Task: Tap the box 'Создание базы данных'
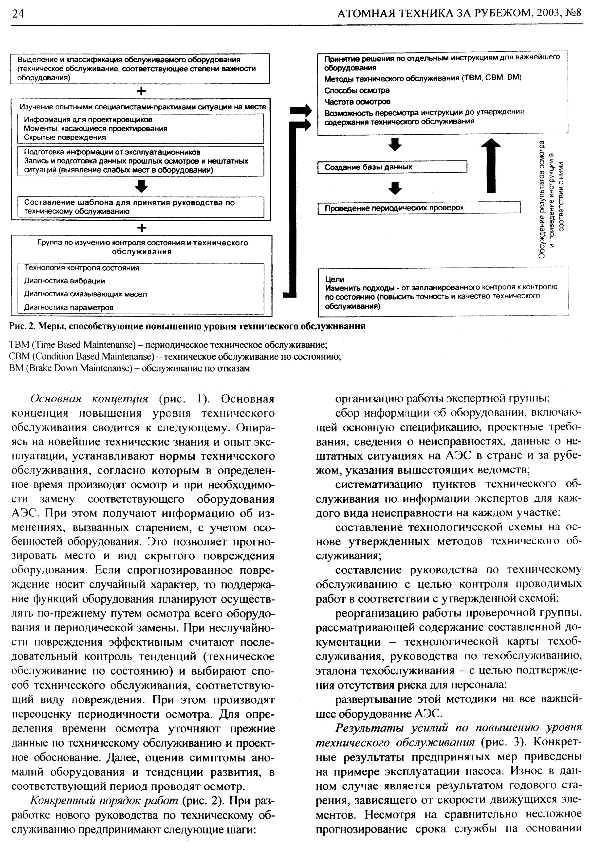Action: pyautogui.click(x=392, y=167)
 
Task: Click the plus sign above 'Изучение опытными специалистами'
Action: pyautogui.click(x=141, y=91)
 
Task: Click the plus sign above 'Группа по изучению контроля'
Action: pyautogui.click(x=142, y=228)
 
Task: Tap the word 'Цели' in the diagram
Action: pyautogui.click(x=334, y=279)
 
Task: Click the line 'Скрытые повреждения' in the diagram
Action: pyautogui.click(x=65, y=137)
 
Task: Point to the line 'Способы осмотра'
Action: pyautogui.click(x=357, y=90)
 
